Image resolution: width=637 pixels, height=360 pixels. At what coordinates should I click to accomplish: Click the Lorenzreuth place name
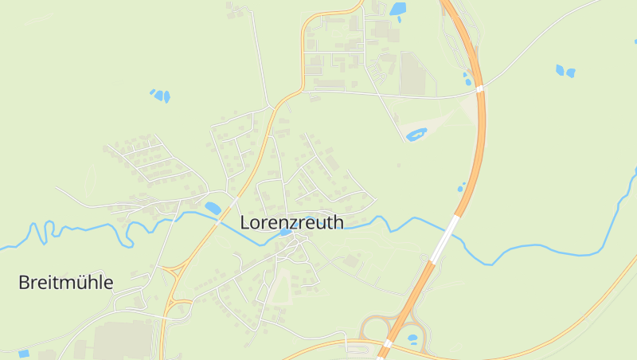[x=291, y=222]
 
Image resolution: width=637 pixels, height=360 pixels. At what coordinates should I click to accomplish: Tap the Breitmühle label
[x=66, y=282]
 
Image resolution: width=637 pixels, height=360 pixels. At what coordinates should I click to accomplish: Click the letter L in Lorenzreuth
[x=245, y=222]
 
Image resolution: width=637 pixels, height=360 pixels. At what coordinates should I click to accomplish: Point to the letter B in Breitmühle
[x=24, y=282]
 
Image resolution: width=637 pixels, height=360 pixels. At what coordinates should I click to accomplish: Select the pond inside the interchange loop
[x=412, y=338]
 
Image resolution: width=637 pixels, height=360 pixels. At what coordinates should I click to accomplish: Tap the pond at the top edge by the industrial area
[x=397, y=10]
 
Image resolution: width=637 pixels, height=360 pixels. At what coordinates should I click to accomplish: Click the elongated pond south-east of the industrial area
[x=416, y=135]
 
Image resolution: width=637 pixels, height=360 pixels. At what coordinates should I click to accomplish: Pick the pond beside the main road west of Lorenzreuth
[x=213, y=208]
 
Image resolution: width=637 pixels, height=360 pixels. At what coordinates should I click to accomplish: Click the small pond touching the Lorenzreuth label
[x=285, y=232]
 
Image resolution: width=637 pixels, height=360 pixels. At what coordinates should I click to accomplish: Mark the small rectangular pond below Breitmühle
[x=23, y=353]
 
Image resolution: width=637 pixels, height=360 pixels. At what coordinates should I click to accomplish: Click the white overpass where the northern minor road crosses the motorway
[x=480, y=87]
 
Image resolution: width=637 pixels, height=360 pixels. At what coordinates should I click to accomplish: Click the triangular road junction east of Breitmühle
[x=170, y=272]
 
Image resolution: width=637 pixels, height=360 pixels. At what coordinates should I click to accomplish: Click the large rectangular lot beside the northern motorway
[x=414, y=73]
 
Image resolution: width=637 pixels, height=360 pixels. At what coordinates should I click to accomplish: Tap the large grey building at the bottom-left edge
[x=119, y=341]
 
